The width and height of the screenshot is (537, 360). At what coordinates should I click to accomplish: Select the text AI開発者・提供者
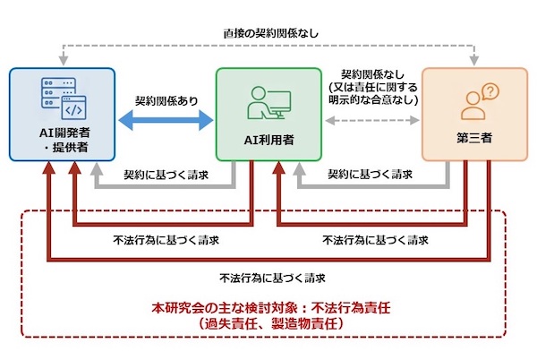point(64,140)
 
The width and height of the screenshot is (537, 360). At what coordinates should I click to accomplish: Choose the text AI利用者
point(270,140)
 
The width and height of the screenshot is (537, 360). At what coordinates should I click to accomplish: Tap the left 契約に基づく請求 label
point(166,174)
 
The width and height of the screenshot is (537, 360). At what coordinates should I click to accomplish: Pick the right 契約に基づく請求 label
point(371,174)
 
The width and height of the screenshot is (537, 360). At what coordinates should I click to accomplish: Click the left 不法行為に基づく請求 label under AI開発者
point(166,239)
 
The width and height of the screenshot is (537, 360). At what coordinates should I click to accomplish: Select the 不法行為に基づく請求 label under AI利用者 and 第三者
point(371,239)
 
